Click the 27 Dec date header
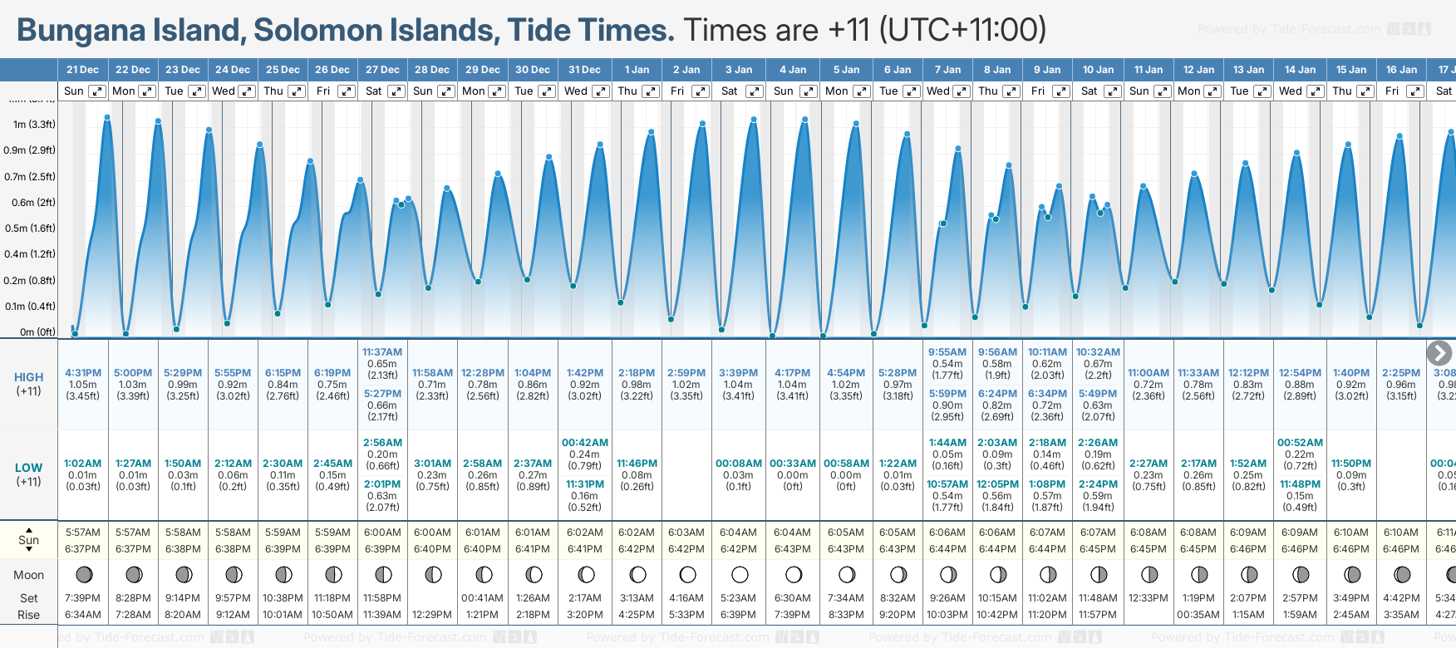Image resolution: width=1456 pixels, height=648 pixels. (x=382, y=70)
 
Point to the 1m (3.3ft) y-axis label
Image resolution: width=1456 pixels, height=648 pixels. (x=34, y=125)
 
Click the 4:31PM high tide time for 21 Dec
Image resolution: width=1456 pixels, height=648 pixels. (x=83, y=373)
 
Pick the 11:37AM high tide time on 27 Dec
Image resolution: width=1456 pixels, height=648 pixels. (x=382, y=352)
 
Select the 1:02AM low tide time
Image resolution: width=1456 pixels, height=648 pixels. (x=83, y=464)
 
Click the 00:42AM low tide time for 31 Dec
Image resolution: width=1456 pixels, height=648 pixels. (x=585, y=443)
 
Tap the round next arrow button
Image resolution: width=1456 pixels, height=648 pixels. (x=1439, y=353)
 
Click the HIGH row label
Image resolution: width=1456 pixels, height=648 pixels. (x=28, y=377)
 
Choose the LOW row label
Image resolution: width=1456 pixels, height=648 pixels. (x=28, y=468)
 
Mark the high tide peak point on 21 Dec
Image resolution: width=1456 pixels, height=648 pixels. (x=107, y=118)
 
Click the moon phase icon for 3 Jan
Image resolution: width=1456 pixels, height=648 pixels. (x=740, y=574)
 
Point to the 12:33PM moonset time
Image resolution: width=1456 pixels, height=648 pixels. (x=1149, y=598)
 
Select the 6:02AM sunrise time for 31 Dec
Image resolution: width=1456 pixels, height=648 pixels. (x=585, y=533)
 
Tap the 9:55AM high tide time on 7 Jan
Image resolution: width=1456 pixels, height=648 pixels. (x=947, y=352)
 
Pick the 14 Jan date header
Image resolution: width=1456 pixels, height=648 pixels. (x=1300, y=70)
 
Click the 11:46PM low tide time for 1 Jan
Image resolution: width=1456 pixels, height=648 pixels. (x=637, y=464)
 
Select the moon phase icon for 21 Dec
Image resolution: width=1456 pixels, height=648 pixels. (x=84, y=574)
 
